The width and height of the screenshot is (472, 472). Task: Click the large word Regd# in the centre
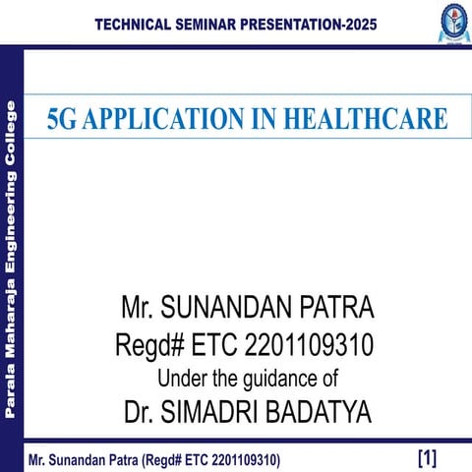pos(147,345)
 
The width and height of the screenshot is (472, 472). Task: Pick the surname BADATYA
pos(323,412)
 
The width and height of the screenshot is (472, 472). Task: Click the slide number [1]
pos(427,457)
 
